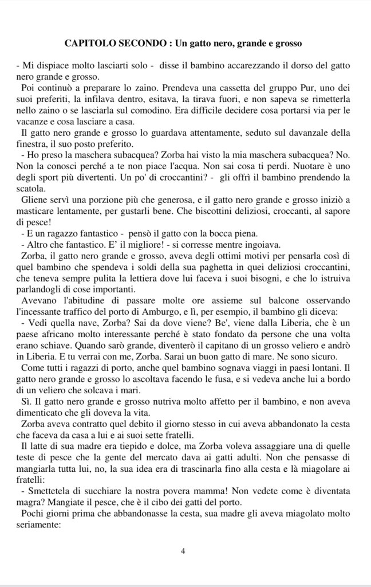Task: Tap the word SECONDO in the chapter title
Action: coord(140,43)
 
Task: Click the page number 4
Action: coord(183,551)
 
